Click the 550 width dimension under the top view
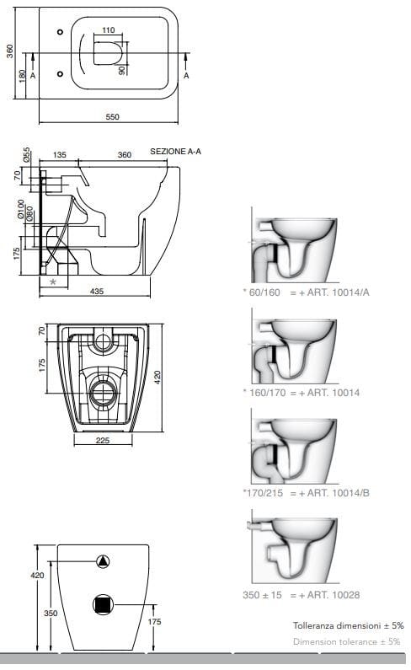point(112,116)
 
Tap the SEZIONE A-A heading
point(175,151)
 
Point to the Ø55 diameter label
point(27,155)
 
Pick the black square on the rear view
point(104,604)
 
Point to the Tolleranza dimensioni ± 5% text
point(348,626)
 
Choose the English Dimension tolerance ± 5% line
point(348,642)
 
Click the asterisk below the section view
point(52,281)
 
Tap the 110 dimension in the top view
point(108,30)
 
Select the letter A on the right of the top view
point(187,75)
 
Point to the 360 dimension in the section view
point(124,155)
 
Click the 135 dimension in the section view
point(60,155)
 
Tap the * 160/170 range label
point(268,392)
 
